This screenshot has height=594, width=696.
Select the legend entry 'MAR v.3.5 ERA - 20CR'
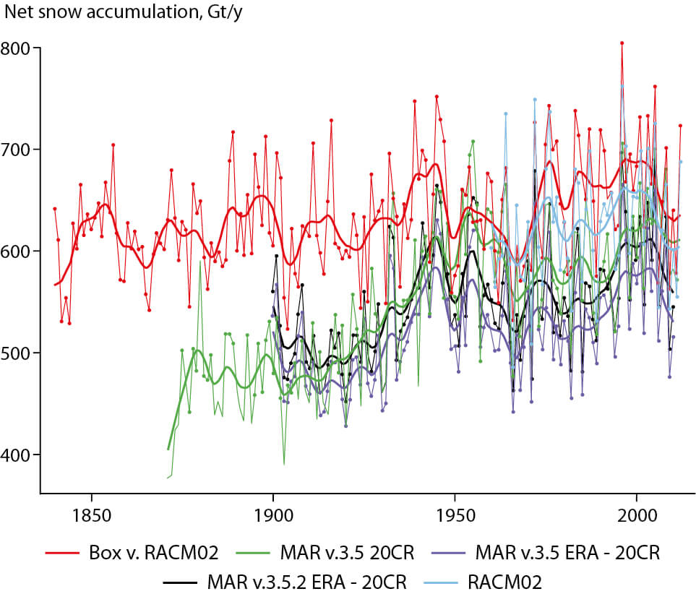click(567, 554)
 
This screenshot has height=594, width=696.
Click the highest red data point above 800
click(622, 43)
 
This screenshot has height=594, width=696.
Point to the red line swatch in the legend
click(61, 554)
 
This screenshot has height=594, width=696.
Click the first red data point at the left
click(55, 208)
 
